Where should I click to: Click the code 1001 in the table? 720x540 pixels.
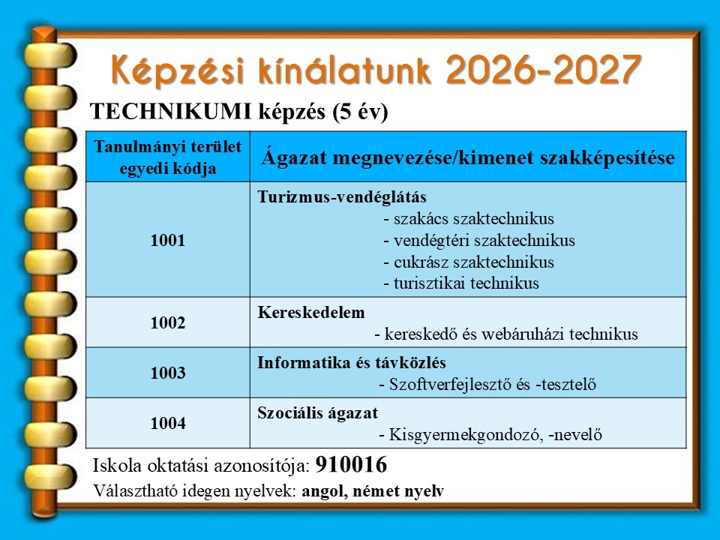[167, 240]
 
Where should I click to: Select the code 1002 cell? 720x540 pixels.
[167, 322]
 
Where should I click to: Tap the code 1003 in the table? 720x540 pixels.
[167, 373]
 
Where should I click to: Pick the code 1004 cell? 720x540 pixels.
[167, 423]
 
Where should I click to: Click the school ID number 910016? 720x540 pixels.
[351, 465]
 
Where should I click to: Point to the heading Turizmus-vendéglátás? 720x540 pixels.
[342, 197]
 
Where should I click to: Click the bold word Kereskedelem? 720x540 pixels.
[311, 312]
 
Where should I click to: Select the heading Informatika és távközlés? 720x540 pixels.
[352, 362]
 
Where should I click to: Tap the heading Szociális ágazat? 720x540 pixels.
[318, 412]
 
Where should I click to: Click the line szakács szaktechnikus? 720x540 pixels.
[469, 218]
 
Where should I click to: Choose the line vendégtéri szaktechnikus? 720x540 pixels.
[479, 240]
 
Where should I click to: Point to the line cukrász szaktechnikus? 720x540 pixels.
[469, 262]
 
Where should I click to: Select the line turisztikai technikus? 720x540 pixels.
[461, 283]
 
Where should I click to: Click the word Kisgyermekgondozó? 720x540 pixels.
[465, 434]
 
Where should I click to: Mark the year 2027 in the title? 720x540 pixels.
[596, 70]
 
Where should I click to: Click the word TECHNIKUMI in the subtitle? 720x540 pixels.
[171, 112]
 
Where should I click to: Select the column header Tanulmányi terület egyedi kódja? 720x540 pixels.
[167, 157]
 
